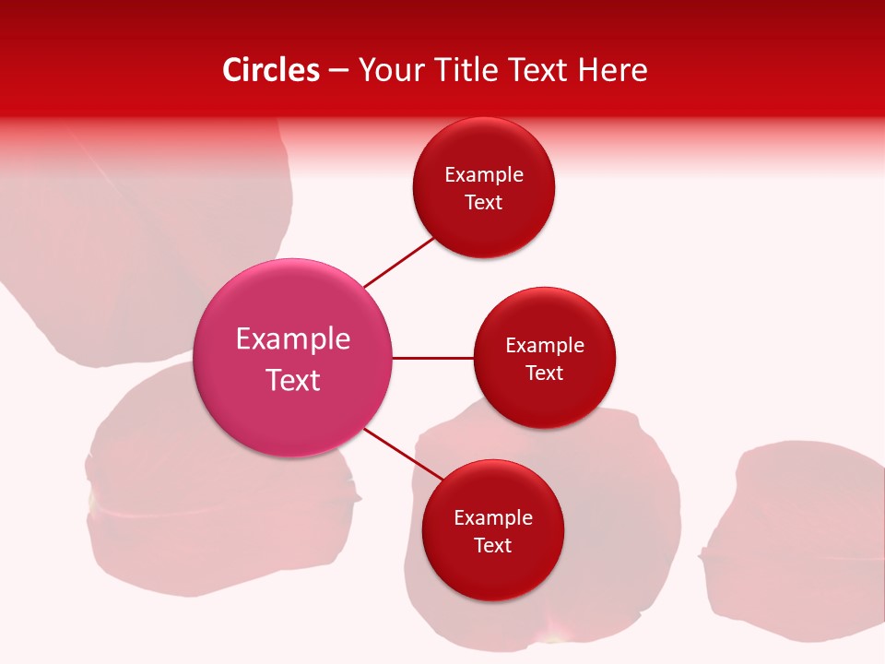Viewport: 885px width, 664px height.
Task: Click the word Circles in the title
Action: pos(270,70)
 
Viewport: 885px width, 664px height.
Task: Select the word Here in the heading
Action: pos(611,70)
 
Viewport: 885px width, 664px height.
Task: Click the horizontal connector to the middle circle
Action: pos(433,358)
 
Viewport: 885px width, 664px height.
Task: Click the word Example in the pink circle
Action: pos(293,339)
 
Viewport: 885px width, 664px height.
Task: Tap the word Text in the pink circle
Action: pos(293,380)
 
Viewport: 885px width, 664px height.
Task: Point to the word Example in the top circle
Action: pos(484,175)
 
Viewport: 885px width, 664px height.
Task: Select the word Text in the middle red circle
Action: pos(544,373)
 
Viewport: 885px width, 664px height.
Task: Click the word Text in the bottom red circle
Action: pos(492,546)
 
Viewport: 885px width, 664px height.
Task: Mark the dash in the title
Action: pos(338,70)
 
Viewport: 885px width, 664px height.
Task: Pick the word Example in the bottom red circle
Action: pos(493,518)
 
